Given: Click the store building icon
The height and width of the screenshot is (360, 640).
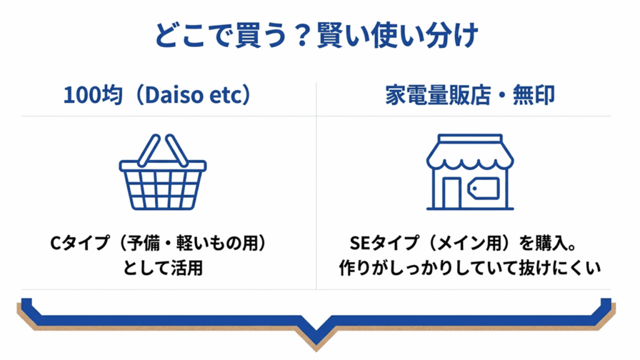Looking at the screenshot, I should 469,172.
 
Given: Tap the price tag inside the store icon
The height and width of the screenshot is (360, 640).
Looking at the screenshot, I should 486,188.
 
